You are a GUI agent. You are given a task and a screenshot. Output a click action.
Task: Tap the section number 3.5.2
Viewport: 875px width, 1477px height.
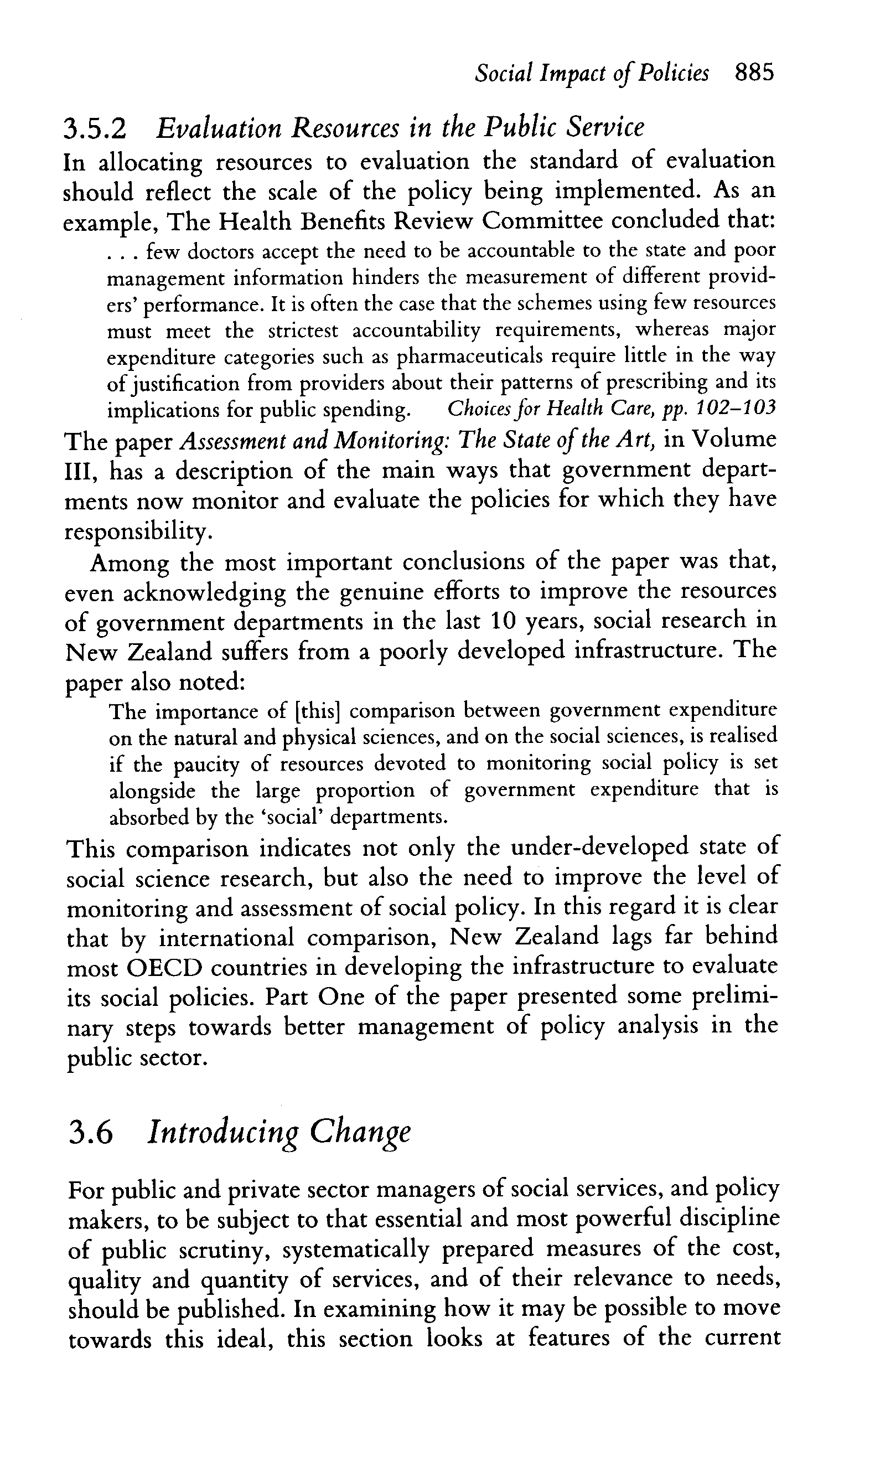pyautogui.click(x=94, y=129)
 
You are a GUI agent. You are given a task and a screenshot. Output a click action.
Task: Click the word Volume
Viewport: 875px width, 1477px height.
pyautogui.click(x=734, y=440)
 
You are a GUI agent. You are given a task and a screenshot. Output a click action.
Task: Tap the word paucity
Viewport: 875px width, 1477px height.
pyautogui.click(x=207, y=765)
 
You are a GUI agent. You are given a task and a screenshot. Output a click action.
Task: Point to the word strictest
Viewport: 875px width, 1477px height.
pyautogui.click(x=303, y=331)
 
